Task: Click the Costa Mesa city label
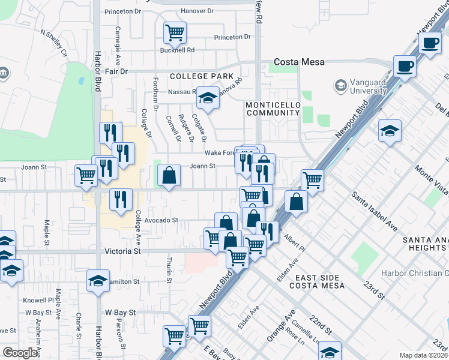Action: point(299,62)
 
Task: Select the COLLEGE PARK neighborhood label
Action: point(201,76)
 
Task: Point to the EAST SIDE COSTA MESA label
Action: point(320,281)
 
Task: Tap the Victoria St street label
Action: point(122,251)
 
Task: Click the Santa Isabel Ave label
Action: point(375,211)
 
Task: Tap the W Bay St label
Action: point(121,313)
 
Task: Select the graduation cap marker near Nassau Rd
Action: point(208,98)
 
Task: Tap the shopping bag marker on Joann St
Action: point(170,175)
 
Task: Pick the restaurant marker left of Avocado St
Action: point(121,199)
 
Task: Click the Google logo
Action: point(20,353)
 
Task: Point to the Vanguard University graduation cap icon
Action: point(341,86)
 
